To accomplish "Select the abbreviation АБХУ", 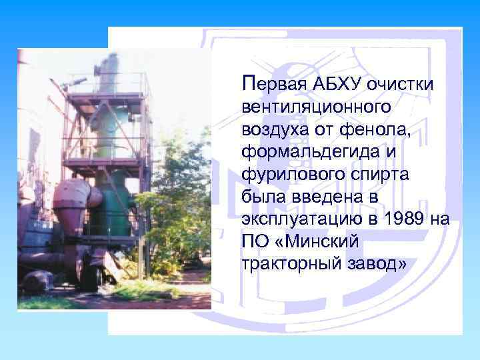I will click(333, 85).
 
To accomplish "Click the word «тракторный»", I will click(285, 265).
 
